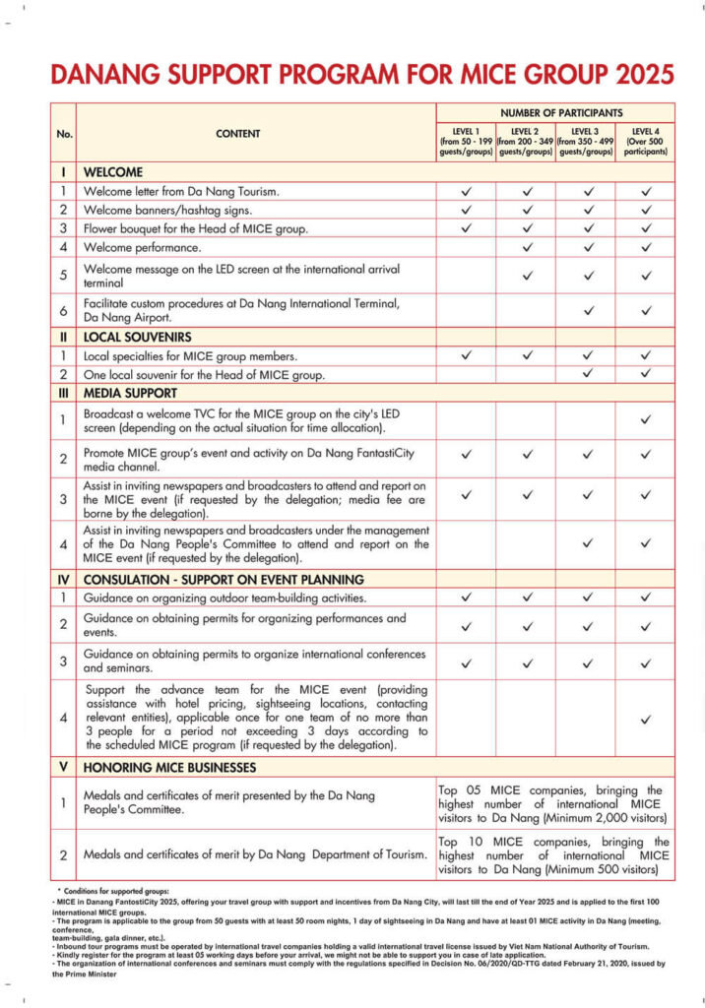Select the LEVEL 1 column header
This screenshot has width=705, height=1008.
(x=467, y=142)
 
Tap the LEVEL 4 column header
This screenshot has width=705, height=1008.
(x=646, y=142)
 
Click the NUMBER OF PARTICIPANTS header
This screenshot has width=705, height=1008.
(x=556, y=112)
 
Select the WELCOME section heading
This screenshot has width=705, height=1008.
(x=113, y=171)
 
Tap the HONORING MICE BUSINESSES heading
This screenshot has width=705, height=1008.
(x=169, y=767)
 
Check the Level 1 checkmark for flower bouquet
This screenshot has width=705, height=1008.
(x=467, y=228)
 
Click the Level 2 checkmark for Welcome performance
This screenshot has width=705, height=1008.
(x=527, y=247)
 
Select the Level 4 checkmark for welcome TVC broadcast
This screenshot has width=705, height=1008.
(x=646, y=419)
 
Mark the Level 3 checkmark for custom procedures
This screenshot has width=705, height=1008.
(x=587, y=311)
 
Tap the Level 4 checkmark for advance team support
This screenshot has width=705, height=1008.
(x=646, y=720)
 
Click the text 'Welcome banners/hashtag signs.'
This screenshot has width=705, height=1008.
(x=167, y=210)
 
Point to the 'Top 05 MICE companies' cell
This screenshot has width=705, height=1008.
(x=555, y=804)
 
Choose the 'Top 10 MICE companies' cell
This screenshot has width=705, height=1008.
(x=555, y=855)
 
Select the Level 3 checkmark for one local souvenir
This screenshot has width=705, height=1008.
(x=587, y=374)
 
